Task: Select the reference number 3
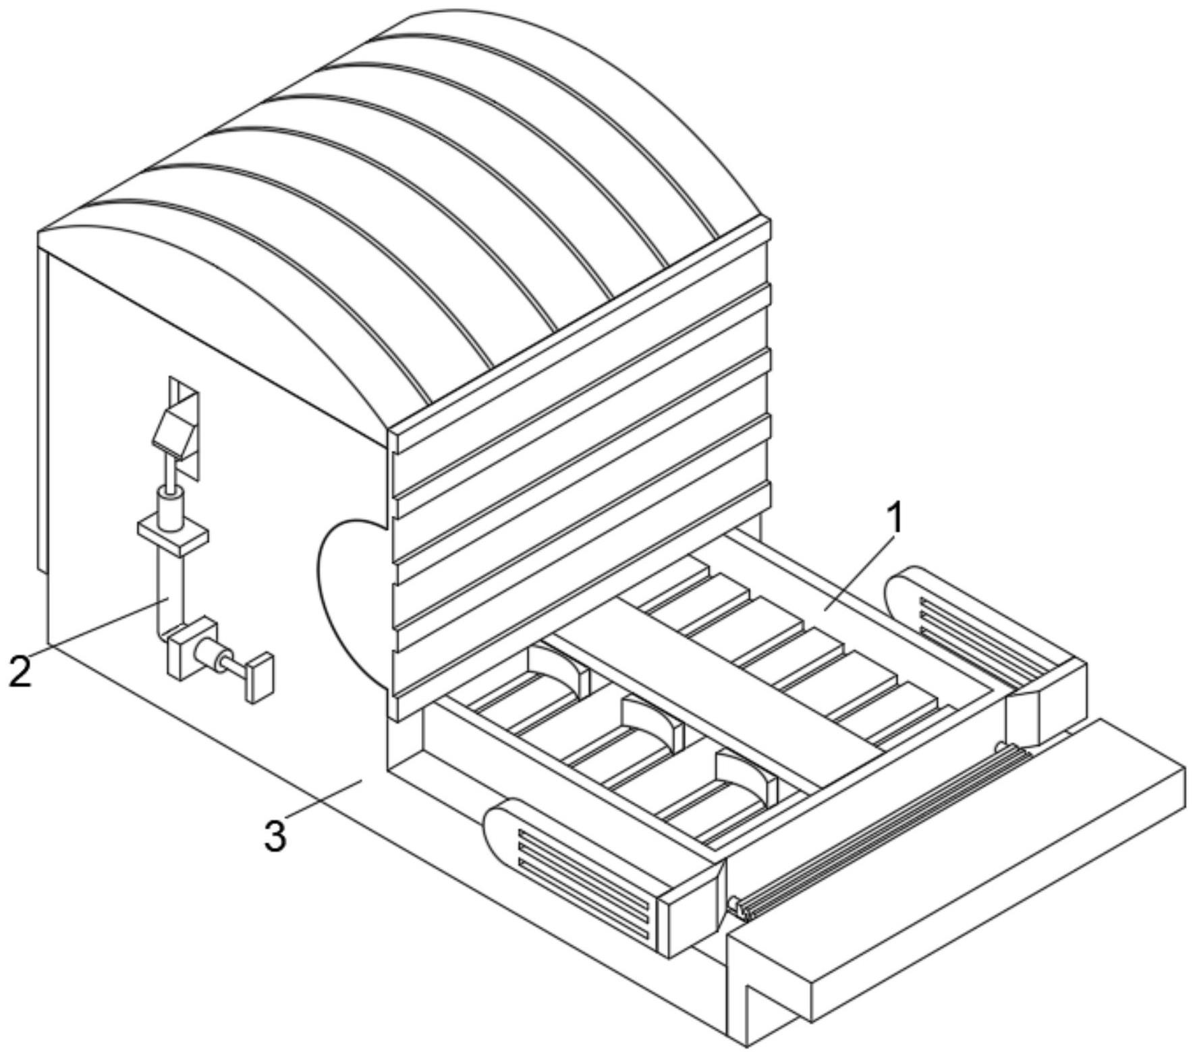click(x=275, y=835)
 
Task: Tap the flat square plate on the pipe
click(x=173, y=537)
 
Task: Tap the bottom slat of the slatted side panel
click(x=580, y=600)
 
